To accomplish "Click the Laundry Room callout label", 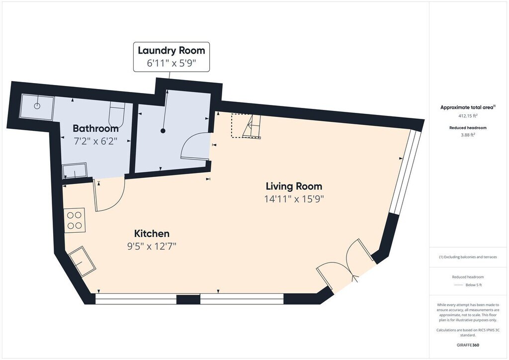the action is pos(171,57).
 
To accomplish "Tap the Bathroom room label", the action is pos(95,129).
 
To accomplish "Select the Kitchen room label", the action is pos(152,233).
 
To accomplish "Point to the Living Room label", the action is pos(294,186).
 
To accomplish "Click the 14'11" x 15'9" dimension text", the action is pos(294,199).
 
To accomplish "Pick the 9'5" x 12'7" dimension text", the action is pos(152,247).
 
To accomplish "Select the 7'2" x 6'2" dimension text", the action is pos(95,141).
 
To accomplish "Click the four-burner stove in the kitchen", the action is pos(75,220).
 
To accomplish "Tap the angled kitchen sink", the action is pos(83,262).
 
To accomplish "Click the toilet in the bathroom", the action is pos(116,115).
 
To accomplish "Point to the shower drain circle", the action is pos(37,105).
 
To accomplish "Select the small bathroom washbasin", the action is pos(75,171).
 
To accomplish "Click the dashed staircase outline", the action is pos(246,125).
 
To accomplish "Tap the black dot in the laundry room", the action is pos(163,131).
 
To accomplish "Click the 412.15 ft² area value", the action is pos(468,115).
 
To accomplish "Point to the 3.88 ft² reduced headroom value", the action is pos(468,135).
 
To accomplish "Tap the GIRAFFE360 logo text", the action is pos(468,345).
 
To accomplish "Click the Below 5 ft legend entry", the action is pos(468,285).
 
